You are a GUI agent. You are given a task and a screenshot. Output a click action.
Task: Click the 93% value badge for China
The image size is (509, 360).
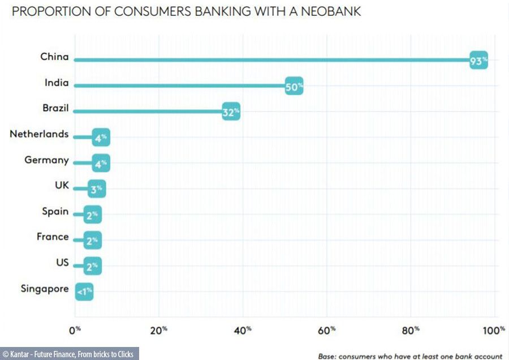coord(478,61)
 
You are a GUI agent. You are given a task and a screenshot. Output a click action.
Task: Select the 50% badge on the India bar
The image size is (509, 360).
coord(294,87)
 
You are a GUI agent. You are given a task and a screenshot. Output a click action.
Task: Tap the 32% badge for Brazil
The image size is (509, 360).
coord(231,112)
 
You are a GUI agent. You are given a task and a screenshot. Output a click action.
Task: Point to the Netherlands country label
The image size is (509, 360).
coord(39,134)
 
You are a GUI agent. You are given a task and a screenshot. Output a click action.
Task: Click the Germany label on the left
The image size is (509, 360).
coord(46,160)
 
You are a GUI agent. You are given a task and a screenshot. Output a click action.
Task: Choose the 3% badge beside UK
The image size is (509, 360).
coord(96,190)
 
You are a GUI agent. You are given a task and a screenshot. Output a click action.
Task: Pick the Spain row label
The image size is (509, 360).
coord(55,212)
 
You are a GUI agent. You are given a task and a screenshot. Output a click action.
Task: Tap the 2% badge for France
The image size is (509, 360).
coord(92,241)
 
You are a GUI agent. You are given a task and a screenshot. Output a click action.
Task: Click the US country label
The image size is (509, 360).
coord(62,263)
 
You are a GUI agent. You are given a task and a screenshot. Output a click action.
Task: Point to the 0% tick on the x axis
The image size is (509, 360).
coord(75,329)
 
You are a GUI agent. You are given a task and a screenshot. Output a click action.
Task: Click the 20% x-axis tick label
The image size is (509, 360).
coord(159,329)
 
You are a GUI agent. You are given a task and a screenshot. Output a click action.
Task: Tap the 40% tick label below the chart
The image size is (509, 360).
coord(243,329)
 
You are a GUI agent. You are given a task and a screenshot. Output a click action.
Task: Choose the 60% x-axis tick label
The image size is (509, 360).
coord(327,329)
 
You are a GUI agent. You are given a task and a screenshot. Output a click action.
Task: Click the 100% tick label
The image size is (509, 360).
coord(495,329)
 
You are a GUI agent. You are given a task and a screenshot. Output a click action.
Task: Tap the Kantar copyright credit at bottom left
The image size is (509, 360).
coord(68,354)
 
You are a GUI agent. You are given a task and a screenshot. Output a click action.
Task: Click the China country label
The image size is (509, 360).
coord(54,57)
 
